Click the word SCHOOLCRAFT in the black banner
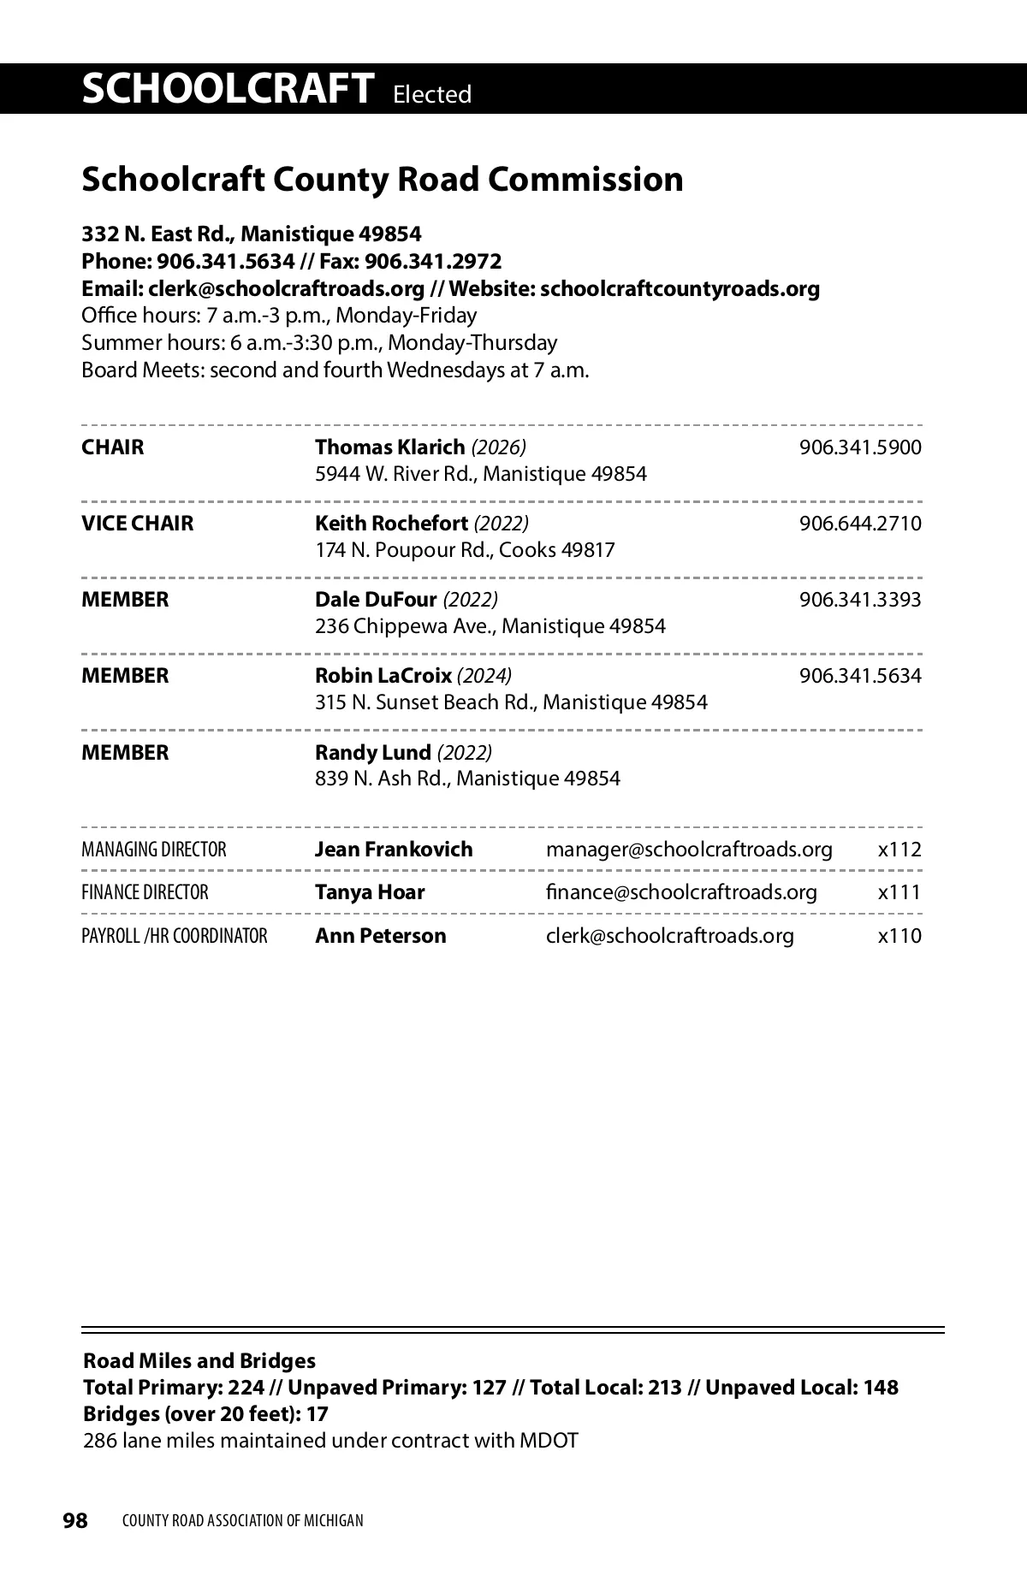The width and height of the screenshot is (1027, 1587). [x=228, y=89]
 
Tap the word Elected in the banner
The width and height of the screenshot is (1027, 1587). [x=432, y=94]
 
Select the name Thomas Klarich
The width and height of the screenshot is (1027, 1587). [x=389, y=447]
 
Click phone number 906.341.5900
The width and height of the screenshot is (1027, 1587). [x=859, y=447]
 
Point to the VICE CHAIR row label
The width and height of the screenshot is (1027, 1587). [x=137, y=524]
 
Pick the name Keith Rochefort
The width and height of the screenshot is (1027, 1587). [x=391, y=524]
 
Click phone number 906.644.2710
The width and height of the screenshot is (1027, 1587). [x=859, y=524]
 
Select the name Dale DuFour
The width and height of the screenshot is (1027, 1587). [x=376, y=600]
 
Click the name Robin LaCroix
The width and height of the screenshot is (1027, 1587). [x=383, y=676]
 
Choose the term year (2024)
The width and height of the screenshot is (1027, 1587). [x=484, y=676]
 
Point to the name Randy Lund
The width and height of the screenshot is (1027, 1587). [x=372, y=753]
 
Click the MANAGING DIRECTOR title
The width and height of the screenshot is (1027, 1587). [x=154, y=850]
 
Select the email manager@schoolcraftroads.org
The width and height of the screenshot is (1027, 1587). [x=689, y=850]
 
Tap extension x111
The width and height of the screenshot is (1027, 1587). [x=899, y=892]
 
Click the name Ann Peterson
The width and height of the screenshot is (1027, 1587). [x=380, y=936]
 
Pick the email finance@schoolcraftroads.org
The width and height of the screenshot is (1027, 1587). [x=681, y=892]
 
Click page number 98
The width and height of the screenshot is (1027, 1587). [x=75, y=1520]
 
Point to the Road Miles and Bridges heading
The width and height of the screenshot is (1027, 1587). [x=199, y=1361]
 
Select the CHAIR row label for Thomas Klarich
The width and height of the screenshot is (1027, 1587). [x=113, y=447]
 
